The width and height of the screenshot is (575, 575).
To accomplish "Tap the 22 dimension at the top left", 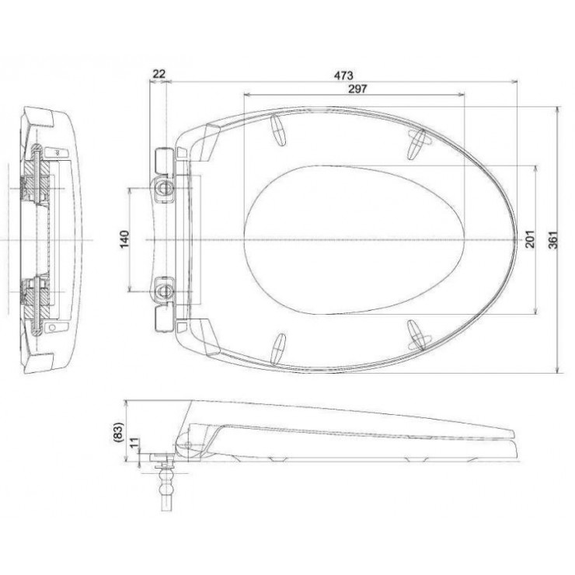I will coord(159,75).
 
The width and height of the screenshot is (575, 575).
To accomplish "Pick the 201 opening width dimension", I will coord(531,239).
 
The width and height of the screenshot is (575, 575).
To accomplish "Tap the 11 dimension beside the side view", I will coord(134,445).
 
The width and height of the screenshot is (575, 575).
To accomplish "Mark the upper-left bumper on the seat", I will coord(278,131).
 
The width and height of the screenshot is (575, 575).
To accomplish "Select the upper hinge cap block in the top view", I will coord(162,161).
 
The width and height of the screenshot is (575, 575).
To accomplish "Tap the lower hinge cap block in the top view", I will coord(162,319).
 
